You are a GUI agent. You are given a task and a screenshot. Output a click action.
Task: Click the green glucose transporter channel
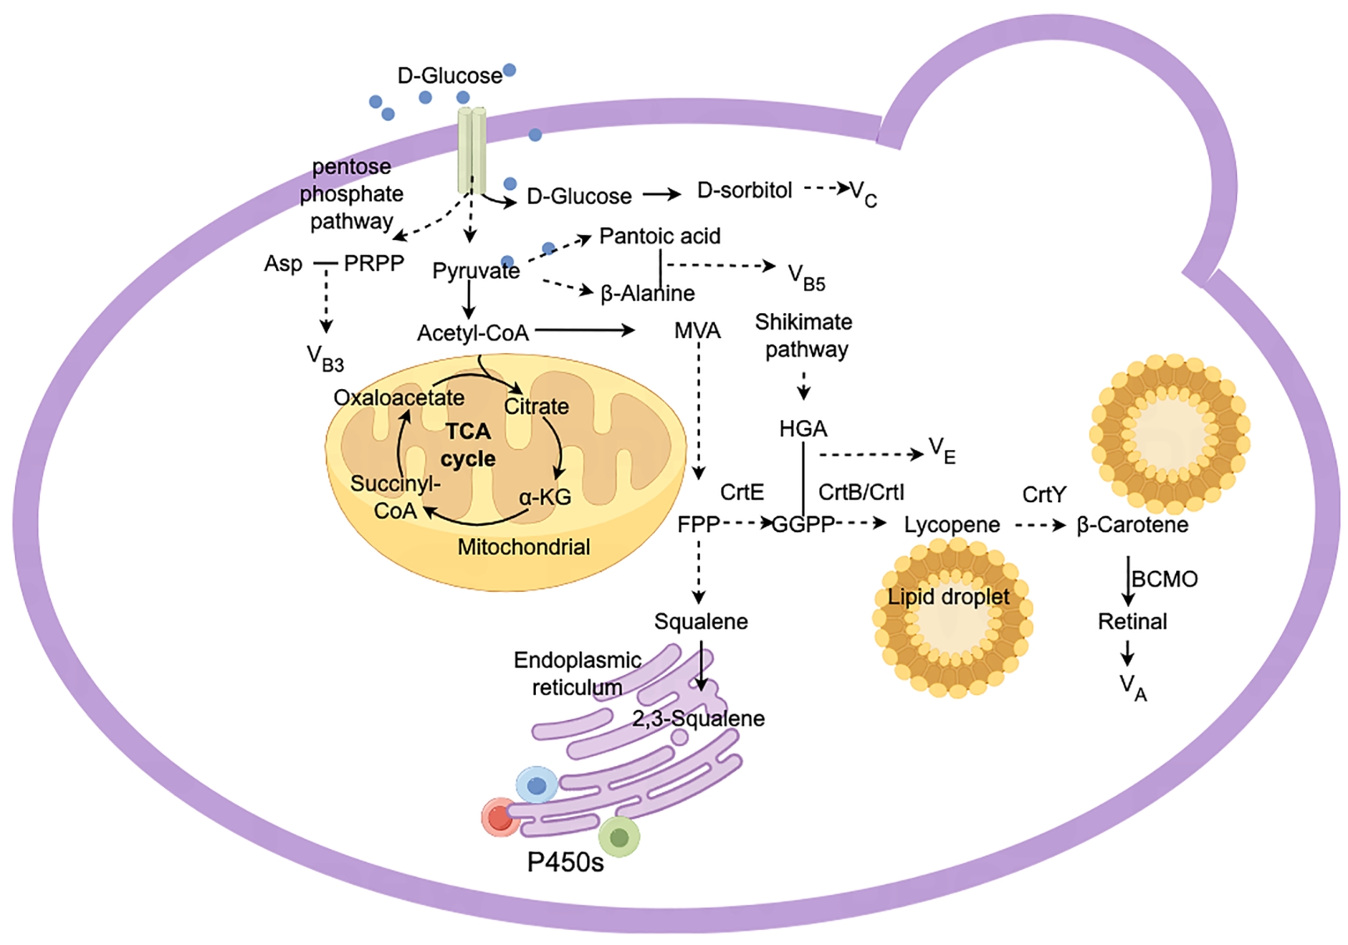pyautogui.click(x=472, y=150)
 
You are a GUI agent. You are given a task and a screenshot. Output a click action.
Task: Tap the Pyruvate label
pyautogui.click(x=476, y=271)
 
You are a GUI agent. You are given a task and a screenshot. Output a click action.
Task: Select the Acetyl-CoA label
pyautogui.click(x=473, y=333)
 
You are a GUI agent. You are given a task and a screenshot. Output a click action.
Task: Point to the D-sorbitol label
pyautogui.click(x=744, y=191)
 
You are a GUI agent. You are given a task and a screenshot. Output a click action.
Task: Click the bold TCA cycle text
pyautogui.click(x=468, y=444)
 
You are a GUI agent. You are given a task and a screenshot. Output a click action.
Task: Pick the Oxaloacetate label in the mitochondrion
pyautogui.click(x=399, y=398)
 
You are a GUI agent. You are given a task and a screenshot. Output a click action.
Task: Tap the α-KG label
pyautogui.click(x=545, y=497)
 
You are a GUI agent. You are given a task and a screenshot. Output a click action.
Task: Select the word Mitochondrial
pyautogui.click(x=524, y=547)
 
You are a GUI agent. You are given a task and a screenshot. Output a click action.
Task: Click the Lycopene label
pyautogui.click(x=952, y=525)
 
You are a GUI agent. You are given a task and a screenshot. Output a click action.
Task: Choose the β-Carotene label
pyautogui.click(x=1132, y=525)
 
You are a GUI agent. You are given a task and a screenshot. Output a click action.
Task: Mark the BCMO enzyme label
pyautogui.click(x=1164, y=579)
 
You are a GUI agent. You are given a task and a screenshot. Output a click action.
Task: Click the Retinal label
pyautogui.click(x=1132, y=622)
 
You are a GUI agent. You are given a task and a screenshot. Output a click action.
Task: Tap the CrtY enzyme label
pyautogui.click(x=1044, y=494)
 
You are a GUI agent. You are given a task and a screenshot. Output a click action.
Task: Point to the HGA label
pyautogui.click(x=803, y=429)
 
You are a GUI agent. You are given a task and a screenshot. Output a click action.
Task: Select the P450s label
pyautogui.click(x=565, y=862)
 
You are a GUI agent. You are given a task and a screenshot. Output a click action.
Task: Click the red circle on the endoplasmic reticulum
pyautogui.click(x=499, y=818)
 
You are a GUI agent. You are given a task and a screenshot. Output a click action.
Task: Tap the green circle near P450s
pyautogui.click(x=619, y=837)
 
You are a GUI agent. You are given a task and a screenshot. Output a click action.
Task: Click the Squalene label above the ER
pyautogui.click(x=701, y=622)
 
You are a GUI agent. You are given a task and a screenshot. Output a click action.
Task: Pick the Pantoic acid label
pyautogui.click(x=660, y=236)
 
